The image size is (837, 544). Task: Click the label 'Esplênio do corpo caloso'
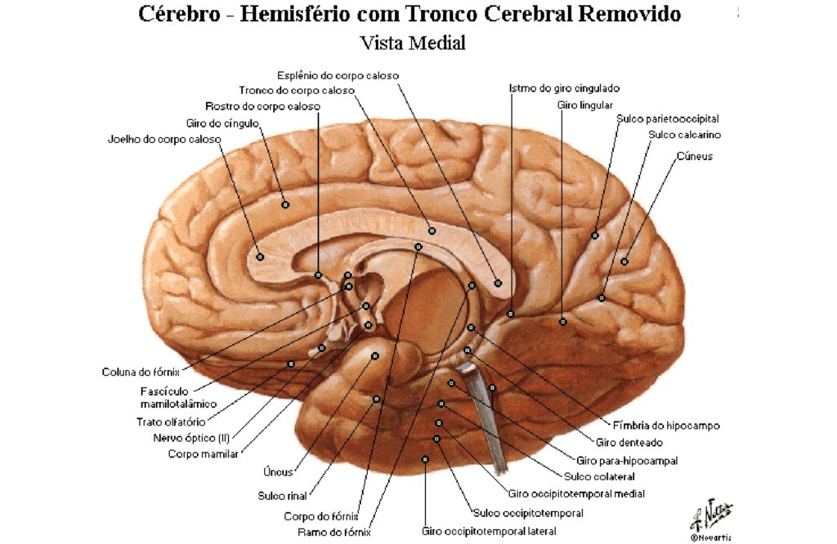338,76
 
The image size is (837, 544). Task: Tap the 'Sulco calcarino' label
684,135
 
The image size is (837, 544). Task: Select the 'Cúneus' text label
695,156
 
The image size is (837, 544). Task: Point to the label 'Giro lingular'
584,105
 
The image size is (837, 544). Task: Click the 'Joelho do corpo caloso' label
164,140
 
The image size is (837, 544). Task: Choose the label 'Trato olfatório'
171,421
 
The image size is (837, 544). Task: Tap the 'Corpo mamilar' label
203,454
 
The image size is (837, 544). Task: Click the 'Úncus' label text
278,472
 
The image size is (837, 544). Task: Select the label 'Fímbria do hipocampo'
666,426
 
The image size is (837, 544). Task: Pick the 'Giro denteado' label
629,443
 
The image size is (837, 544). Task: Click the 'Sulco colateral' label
599,477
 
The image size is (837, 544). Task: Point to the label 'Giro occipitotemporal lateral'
489,532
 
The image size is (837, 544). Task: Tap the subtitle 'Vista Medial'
413,42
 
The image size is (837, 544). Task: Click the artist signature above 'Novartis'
711,514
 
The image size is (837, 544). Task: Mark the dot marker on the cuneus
624,261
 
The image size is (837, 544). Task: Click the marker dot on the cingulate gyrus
285,204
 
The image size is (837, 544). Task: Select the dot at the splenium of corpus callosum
498,283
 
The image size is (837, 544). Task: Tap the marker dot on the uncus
374,356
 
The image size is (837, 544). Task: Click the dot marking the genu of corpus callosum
260,256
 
